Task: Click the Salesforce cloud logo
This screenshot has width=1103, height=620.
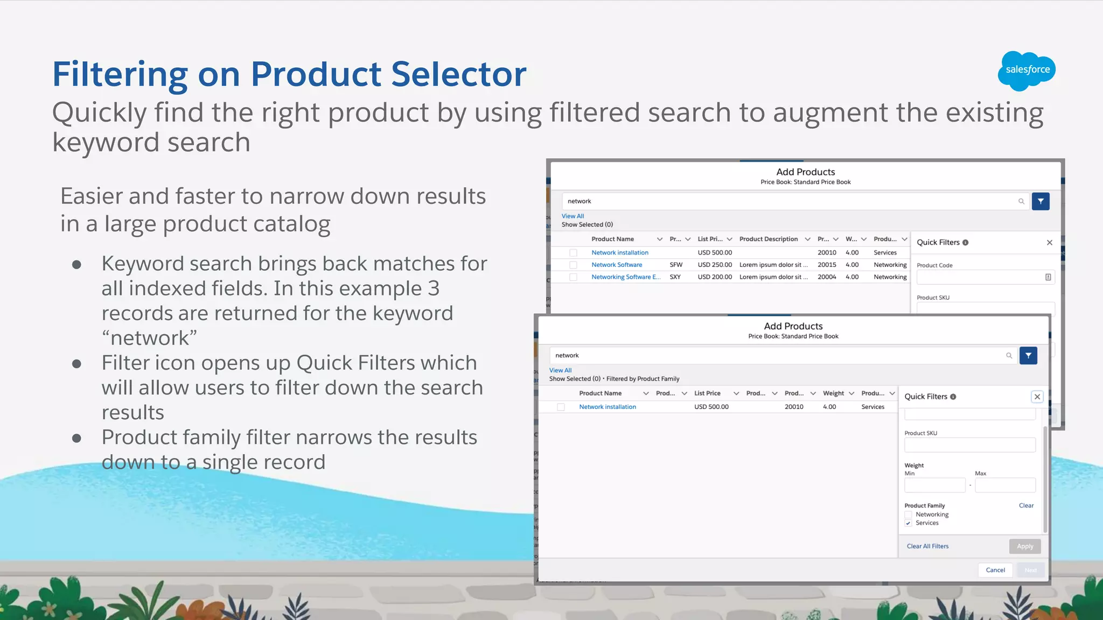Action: tap(1027, 71)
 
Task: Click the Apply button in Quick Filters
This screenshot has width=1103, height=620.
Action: tap(1024, 546)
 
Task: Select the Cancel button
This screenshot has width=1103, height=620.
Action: tap(995, 570)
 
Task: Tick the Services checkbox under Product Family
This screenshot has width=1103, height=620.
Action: tap(909, 523)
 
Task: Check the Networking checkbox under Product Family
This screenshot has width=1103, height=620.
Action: tap(909, 515)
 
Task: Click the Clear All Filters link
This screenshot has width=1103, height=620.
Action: tap(927, 546)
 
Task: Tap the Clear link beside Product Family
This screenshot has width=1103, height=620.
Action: tap(1026, 505)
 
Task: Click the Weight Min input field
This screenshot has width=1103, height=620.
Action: tap(934, 485)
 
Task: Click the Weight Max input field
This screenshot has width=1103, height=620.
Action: tap(1005, 485)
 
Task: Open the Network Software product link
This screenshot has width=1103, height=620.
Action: tap(617, 265)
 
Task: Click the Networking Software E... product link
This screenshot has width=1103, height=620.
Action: tap(626, 277)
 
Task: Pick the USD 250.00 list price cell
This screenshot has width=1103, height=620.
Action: tap(715, 265)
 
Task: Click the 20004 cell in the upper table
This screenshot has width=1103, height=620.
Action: tap(827, 277)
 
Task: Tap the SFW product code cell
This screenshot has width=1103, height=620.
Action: tap(676, 265)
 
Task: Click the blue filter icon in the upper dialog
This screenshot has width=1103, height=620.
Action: tap(1041, 201)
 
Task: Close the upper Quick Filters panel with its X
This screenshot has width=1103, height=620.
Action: tap(1049, 243)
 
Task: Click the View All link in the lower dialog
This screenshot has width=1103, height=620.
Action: tap(560, 370)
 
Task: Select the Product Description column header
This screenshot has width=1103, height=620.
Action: tap(769, 239)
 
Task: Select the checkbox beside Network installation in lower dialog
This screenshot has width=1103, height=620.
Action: tap(561, 407)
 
